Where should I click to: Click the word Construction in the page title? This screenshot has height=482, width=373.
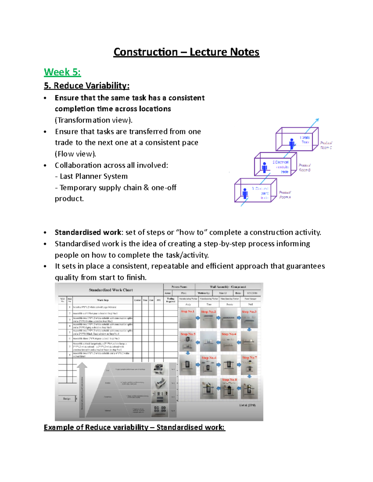145,52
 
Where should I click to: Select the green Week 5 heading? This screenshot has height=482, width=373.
62,72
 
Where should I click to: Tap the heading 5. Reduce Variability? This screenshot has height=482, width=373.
86,86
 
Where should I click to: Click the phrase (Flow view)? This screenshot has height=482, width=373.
76,154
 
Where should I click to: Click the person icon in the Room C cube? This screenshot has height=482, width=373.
292,143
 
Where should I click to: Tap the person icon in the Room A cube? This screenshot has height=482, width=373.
245,193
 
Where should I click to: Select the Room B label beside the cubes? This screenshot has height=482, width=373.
305,168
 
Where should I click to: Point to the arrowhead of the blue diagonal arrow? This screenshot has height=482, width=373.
317,120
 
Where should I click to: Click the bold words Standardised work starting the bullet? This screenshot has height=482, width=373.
88,232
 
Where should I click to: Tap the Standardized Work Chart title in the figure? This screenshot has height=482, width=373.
111,290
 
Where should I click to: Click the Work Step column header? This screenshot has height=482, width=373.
103,300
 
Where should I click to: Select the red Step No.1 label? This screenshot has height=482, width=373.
187,311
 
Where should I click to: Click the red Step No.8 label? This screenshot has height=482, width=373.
229,380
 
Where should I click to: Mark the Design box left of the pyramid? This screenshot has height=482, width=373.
67,399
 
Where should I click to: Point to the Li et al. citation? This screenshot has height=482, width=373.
247,405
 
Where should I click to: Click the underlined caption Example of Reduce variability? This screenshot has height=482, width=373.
134,427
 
